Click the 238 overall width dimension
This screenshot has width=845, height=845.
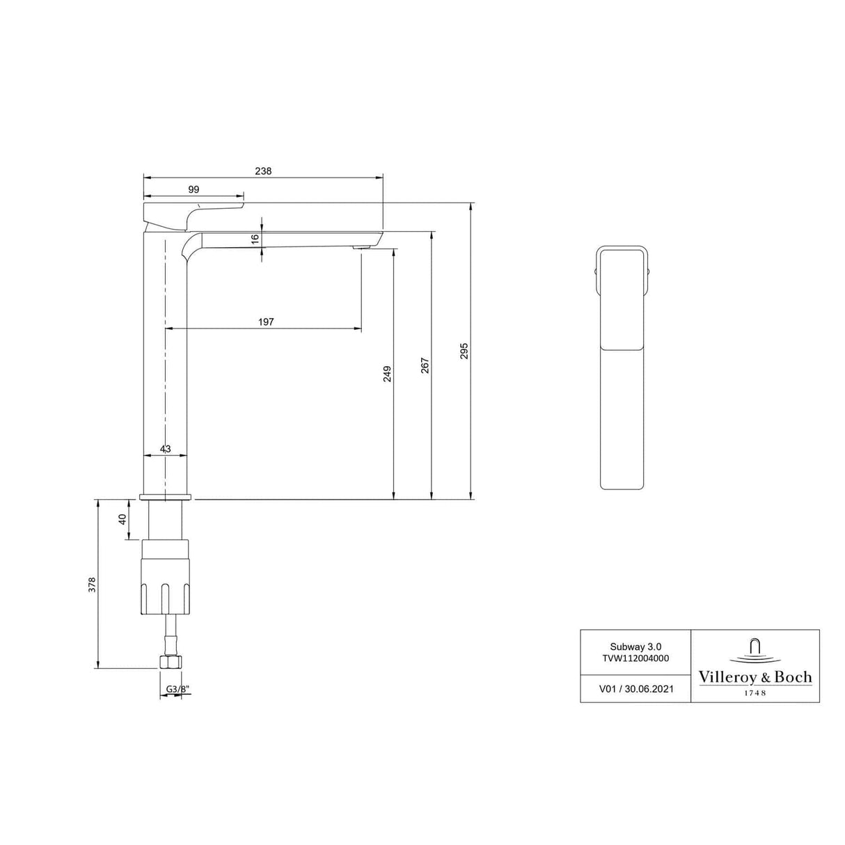click(x=263, y=171)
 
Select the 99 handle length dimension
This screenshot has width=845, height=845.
click(x=194, y=189)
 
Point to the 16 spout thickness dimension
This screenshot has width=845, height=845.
click(x=255, y=238)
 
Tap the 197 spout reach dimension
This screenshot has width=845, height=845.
click(x=266, y=322)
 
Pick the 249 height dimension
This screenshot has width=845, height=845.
click(x=388, y=374)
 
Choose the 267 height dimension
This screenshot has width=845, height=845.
click(x=425, y=365)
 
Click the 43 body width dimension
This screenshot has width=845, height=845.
click(x=166, y=449)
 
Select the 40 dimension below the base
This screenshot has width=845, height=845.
click(x=123, y=519)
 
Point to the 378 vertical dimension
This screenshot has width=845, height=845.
click(x=92, y=585)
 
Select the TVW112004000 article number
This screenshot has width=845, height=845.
click(x=635, y=658)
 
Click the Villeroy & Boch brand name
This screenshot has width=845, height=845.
click(x=755, y=677)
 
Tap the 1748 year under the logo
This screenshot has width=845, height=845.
click(x=755, y=693)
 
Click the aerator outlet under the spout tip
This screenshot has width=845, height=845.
click(x=361, y=247)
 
